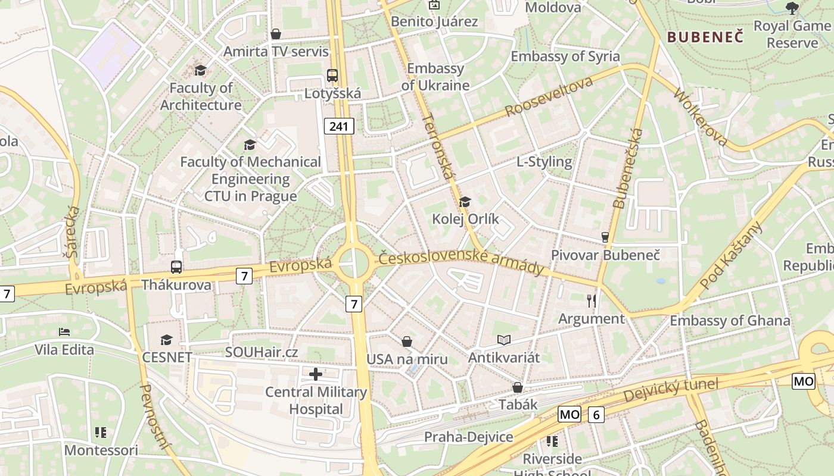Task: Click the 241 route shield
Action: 339,126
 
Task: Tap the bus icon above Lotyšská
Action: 332,76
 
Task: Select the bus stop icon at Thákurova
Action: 176,267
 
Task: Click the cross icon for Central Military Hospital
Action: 316,374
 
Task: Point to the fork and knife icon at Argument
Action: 591,300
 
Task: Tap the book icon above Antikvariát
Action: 504,340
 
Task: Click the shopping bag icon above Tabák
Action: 517,387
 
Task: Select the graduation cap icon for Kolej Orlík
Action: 465,202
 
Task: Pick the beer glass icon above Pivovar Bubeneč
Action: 605,237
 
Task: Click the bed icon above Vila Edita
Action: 64,331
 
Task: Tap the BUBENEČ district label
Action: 705,37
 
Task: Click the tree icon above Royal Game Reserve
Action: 792,8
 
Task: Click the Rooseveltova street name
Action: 549,96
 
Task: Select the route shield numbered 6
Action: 596,415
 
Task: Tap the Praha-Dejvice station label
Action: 468,437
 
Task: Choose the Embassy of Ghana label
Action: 730,321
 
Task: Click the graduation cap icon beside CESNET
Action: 166,340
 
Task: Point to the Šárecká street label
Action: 73,232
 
